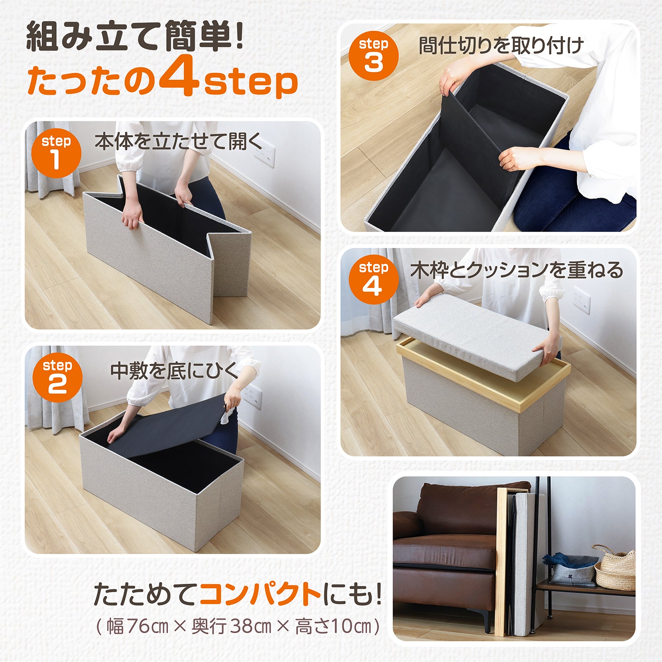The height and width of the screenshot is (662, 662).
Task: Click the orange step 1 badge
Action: point(56,153)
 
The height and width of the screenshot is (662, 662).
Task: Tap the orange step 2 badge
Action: point(57,378)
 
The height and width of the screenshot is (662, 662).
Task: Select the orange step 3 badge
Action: point(373,56)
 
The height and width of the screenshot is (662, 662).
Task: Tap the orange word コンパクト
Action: point(260,594)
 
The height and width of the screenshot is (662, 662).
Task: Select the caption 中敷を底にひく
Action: point(174,371)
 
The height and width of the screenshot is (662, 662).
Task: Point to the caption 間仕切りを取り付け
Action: point(501,46)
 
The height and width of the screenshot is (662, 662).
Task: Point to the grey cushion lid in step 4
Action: point(476,335)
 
